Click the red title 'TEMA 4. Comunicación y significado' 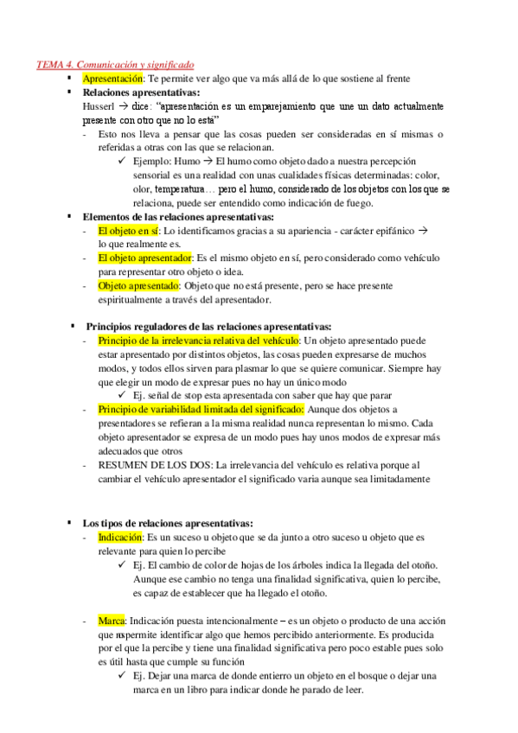(115, 64)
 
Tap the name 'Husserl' (96, 105)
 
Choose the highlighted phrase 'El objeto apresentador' (145, 258)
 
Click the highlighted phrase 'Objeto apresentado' (138, 285)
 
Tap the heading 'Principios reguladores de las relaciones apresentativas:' (208, 327)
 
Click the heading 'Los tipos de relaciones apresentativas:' (168, 523)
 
